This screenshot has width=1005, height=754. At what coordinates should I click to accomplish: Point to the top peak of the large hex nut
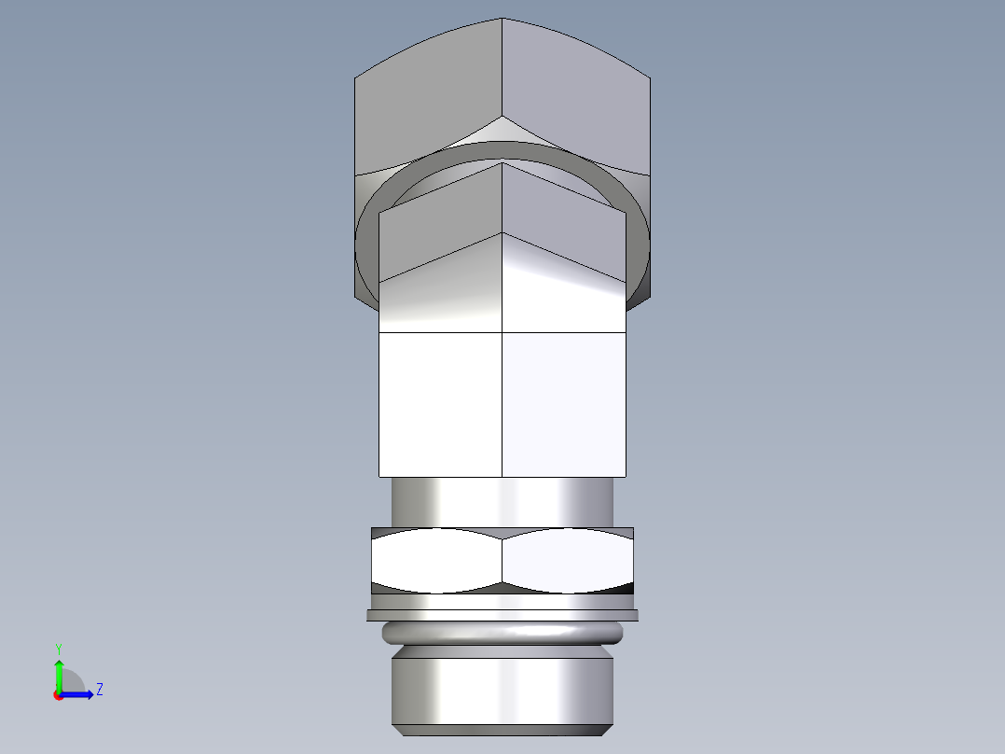(502, 20)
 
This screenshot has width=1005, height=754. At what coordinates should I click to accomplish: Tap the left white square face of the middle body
(440, 403)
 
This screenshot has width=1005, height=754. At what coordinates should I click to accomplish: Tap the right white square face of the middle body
(564, 403)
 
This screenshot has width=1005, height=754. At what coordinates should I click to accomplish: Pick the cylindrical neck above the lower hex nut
(502, 502)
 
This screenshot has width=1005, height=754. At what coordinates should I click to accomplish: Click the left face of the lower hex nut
(436, 560)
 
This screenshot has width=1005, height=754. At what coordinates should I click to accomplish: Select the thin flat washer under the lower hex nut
(502, 615)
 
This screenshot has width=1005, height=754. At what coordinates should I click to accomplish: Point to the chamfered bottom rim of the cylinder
(502, 729)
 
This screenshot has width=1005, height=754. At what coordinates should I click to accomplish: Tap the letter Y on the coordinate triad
(58, 649)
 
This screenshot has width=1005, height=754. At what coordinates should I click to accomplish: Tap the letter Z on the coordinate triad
(99, 690)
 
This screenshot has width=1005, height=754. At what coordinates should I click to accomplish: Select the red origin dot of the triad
(58, 694)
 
